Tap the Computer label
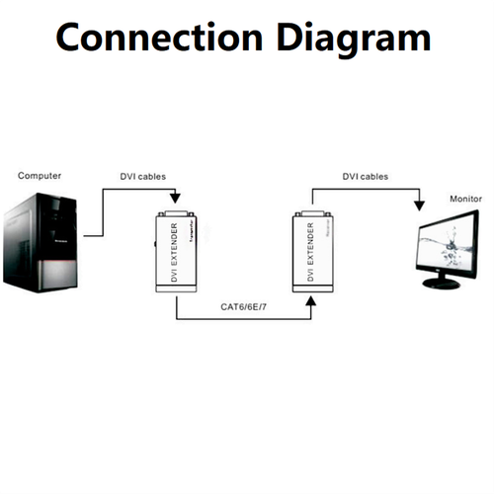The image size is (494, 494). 40,176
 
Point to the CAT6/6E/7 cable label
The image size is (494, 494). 244,306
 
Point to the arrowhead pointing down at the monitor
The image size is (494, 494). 418,206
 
